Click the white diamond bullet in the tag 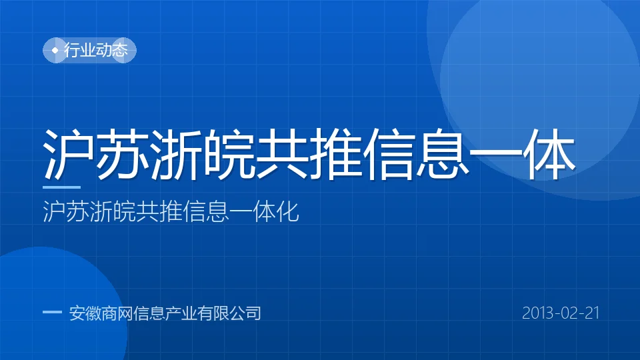(55, 51)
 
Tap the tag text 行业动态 (96, 50)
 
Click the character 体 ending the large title (550, 154)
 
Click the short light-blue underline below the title (61, 187)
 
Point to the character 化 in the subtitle (288, 211)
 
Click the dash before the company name (52, 313)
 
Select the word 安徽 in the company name (85, 313)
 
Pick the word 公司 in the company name (245, 313)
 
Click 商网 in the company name (117, 313)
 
